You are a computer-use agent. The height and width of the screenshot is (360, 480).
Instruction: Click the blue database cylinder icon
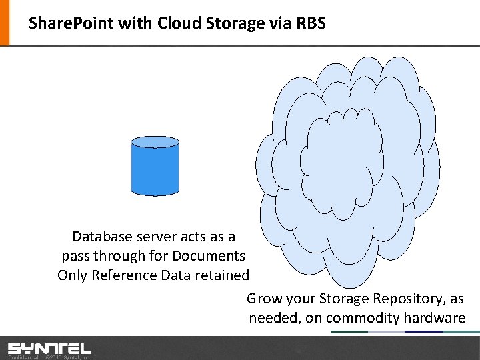click(155, 169)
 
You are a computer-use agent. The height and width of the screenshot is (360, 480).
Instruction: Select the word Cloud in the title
click(181, 23)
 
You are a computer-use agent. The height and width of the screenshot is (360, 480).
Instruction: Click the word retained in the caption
click(223, 275)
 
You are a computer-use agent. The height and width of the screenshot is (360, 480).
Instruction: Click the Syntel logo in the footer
click(49, 347)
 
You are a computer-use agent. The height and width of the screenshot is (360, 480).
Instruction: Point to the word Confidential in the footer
click(23, 357)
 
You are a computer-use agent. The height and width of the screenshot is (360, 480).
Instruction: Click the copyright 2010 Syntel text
click(67, 357)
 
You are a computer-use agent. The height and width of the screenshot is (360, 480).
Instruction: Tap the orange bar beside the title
click(5, 23)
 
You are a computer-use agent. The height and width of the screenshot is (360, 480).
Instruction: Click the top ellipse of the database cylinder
click(155, 142)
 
